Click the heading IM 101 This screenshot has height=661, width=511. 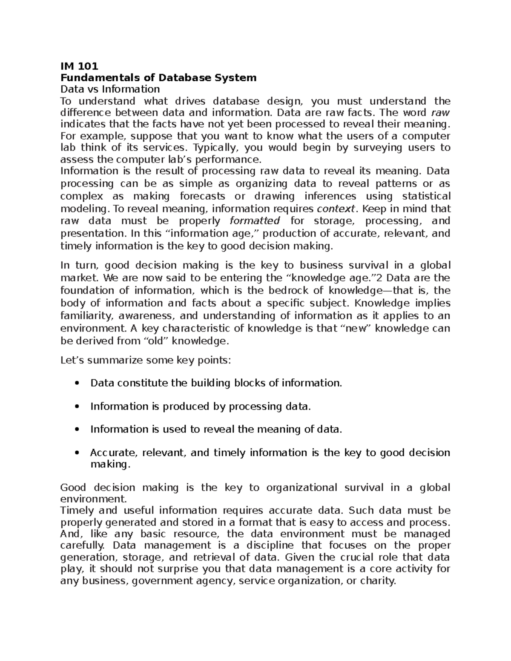(x=79, y=66)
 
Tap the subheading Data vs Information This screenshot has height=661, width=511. (x=110, y=89)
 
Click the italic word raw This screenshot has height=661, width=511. (x=440, y=112)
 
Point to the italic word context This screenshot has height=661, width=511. (x=336, y=209)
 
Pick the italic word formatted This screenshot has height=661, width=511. (x=254, y=221)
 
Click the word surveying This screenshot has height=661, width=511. (x=373, y=148)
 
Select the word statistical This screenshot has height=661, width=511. (x=426, y=196)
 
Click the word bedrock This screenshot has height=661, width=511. (x=281, y=291)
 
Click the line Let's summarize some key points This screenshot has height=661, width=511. (x=146, y=361)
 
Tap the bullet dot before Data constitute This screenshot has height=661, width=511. (x=77, y=383)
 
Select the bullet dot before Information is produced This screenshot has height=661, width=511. (x=77, y=407)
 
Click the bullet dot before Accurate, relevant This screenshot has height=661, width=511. (x=77, y=453)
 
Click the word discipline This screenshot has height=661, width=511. (x=264, y=546)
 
